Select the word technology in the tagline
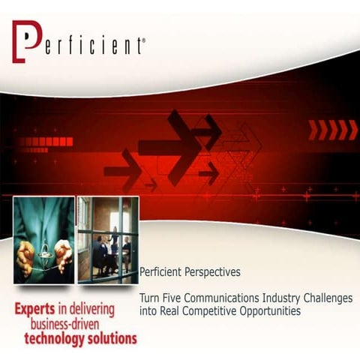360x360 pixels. pos(58,338)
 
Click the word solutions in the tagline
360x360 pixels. pos(115,338)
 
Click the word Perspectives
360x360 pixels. pos(213,273)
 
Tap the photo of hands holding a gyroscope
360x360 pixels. pos(43,239)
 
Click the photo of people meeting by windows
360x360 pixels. pos(108,239)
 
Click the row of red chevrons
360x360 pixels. pos(333,129)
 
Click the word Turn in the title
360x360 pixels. pos(149,298)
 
